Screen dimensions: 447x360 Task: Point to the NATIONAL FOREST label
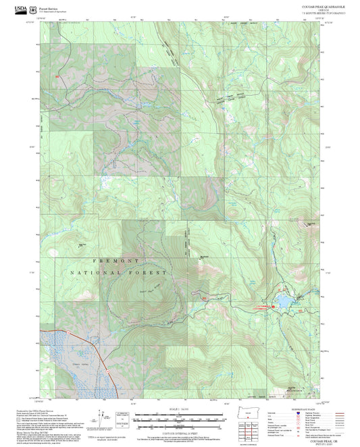click(x=116, y=272)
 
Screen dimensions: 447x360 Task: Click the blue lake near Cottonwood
click(x=284, y=298)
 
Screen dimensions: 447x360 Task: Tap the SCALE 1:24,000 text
click(x=179, y=409)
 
